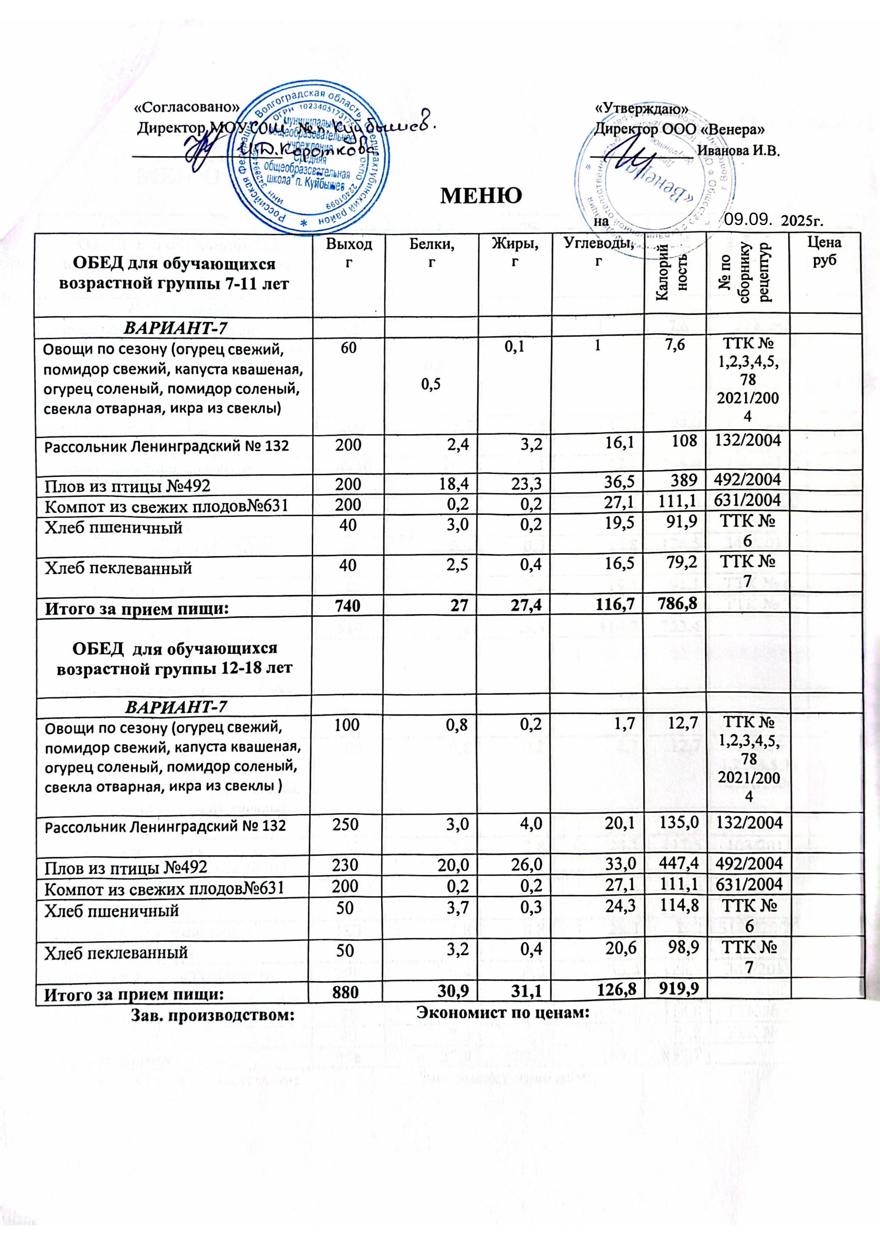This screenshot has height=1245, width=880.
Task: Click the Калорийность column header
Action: pyautogui.click(x=673, y=274)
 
